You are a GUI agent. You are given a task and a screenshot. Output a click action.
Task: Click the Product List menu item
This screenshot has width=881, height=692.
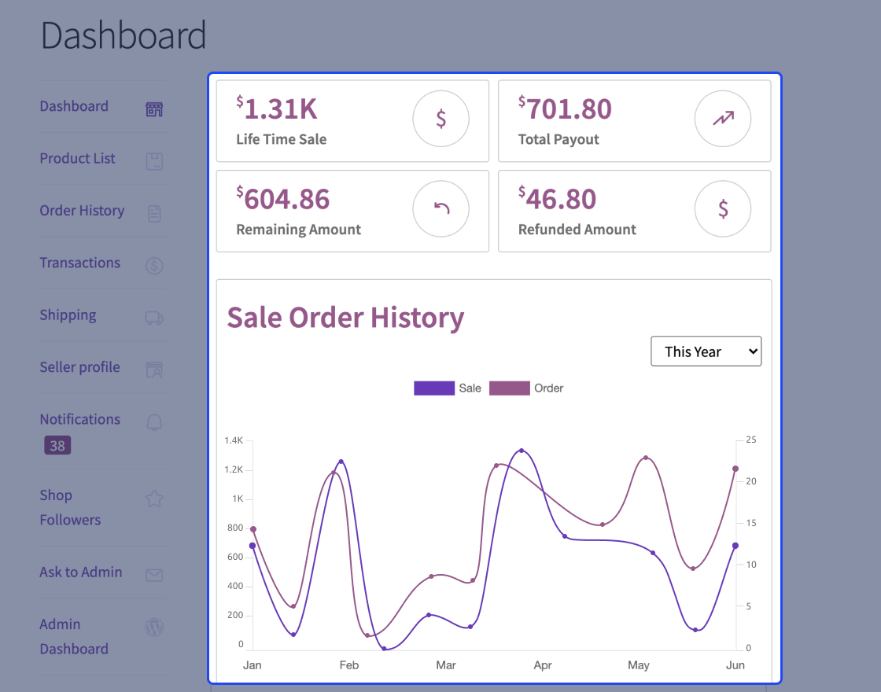coord(77,159)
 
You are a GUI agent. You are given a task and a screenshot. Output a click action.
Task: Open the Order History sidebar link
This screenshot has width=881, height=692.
coord(82,211)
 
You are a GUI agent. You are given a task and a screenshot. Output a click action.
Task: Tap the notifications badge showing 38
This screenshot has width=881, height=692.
coord(57,446)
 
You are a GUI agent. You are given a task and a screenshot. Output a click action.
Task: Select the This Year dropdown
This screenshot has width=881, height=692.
coord(706,352)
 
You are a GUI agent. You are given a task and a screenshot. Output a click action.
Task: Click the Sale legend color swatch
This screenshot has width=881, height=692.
coord(434,388)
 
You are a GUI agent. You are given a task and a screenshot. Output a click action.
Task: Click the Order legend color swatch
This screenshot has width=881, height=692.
coord(509,388)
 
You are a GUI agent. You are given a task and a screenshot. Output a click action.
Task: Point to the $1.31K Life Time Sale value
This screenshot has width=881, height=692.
coord(281,109)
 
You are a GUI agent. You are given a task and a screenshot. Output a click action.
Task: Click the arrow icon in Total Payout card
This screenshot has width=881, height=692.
coord(722,119)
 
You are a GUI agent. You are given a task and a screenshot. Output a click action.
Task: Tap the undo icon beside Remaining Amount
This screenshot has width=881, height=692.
coord(441,209)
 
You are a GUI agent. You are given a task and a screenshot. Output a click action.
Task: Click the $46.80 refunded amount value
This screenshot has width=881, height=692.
coord(560,200)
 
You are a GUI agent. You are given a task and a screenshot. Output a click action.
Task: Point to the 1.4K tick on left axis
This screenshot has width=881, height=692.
coord(234,440)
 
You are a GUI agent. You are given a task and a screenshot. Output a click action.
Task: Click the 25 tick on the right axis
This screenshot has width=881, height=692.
coord(750,440)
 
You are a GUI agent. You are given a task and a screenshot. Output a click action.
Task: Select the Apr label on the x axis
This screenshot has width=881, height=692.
coord(543,665)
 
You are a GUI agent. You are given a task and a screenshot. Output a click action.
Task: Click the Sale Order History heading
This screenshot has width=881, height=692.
coord(345,318)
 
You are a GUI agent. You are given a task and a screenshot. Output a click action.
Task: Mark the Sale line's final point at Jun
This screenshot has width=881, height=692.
coord(735,545)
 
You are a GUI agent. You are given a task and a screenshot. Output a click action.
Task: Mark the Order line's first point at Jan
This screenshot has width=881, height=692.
coord(253,529)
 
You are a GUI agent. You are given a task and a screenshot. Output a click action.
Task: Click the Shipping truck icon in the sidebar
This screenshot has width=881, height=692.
coord(154,318)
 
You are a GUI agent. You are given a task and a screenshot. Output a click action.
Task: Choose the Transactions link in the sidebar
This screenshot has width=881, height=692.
coord(80,263)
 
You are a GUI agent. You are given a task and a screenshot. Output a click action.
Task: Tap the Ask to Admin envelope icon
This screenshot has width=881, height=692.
coord(154,575)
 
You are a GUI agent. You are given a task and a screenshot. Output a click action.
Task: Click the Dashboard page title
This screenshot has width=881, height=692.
coord(123,36)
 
